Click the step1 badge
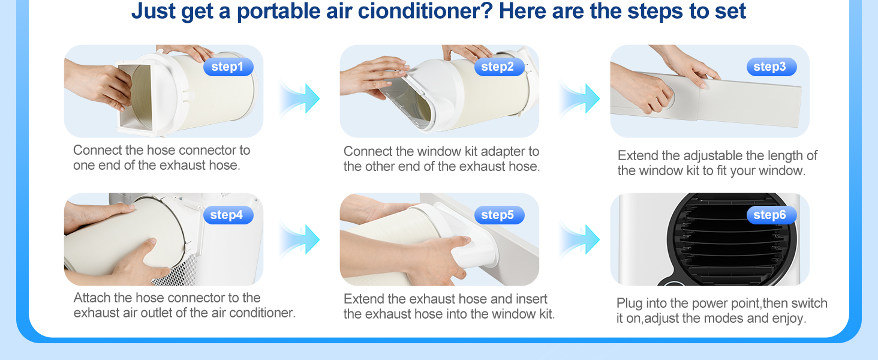[x=228, y=67]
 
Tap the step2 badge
[x=499, y=67]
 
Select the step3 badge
[x=771, y=67]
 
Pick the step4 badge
[x=228, y=215]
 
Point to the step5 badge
[x=499, y=215]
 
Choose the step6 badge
[x=771, y=215]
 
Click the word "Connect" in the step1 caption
[x=98, y=150]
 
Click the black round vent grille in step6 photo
[x=731, y=240]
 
